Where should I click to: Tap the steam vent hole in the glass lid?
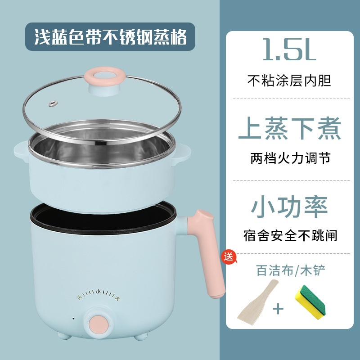(x=53, y=103)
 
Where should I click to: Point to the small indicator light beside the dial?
(x=73, y=319)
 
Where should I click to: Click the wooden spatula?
(x=257, y=302)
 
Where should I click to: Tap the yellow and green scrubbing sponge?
(x=310, y=302)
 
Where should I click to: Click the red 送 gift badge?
(x=229, y=256)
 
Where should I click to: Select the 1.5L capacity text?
(x=289, y=49)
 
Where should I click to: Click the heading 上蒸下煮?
(x=290, y=128)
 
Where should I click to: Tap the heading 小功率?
(x=289, y=207)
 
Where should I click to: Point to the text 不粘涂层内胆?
(x=289, y=81)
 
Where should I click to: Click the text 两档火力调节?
(x=290, y=158)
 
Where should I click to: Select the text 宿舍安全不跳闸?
(x=290, y=235)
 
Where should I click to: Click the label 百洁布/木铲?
(x=290, y=270)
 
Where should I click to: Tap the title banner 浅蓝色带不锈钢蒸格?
(x=110, y=37)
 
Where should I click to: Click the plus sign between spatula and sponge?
(x=278, y=309)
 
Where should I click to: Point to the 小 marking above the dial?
(x=98, y=292)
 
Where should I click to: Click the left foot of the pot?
(x=64, y=336)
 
